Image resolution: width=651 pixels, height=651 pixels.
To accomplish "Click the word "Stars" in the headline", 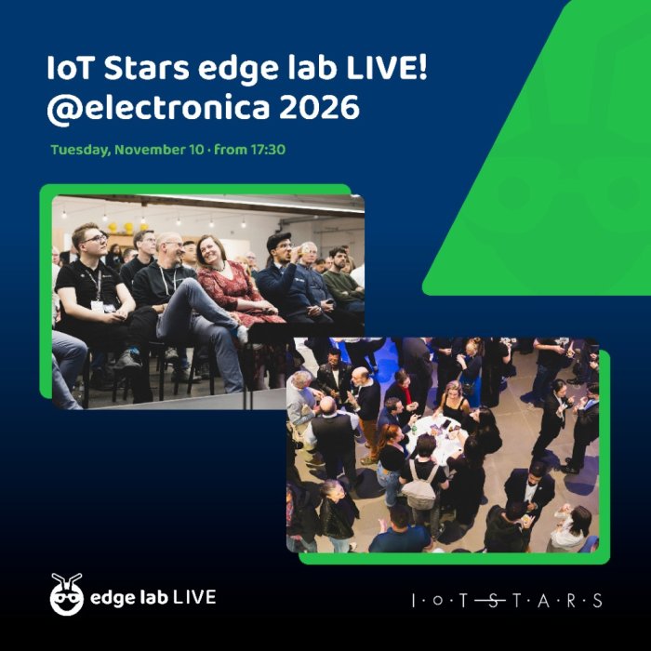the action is tap(147, 68).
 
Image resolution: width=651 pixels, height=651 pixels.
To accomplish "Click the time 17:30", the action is tap(268, 149).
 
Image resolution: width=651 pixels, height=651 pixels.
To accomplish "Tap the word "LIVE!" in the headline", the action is tap(387, 68).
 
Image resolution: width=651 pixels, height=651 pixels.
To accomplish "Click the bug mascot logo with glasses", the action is tap(66, 594).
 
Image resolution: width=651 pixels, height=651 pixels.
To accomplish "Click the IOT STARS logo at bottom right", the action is tap(507, 601).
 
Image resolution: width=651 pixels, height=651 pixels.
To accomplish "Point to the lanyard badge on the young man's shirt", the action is tap(98, 306).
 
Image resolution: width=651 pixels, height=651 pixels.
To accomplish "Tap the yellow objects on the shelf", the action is tap(124, 228).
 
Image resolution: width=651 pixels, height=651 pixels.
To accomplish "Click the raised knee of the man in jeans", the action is tap(188, 287).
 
